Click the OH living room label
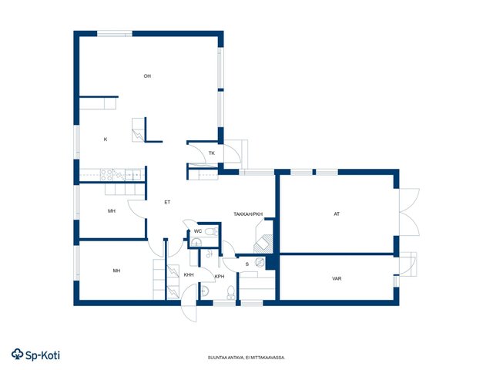(147, 76)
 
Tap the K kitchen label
(106, 140)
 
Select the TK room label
(212, 153)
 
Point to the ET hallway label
(167, 202)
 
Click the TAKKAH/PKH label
(248, 214)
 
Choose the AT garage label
(337, 214)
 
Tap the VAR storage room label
(337, 279)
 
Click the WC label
(198, 231)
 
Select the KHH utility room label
(189, 275)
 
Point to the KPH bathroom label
(220, 277)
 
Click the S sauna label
(247, 264)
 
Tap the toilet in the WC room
(211, 232)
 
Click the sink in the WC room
(196, 243)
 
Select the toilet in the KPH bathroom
(231, 293)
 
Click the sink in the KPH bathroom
(204, 291)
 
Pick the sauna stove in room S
(260, 262)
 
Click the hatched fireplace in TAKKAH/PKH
(263, 243)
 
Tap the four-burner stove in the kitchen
(106, 175)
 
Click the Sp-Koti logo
(35, 355)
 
